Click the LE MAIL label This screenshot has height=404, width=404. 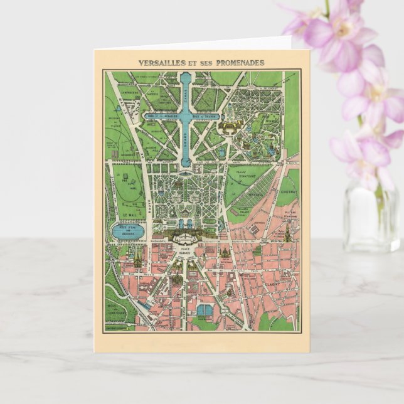click(x=131, y=213)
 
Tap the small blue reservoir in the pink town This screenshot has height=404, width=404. click(x=205, y=310)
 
